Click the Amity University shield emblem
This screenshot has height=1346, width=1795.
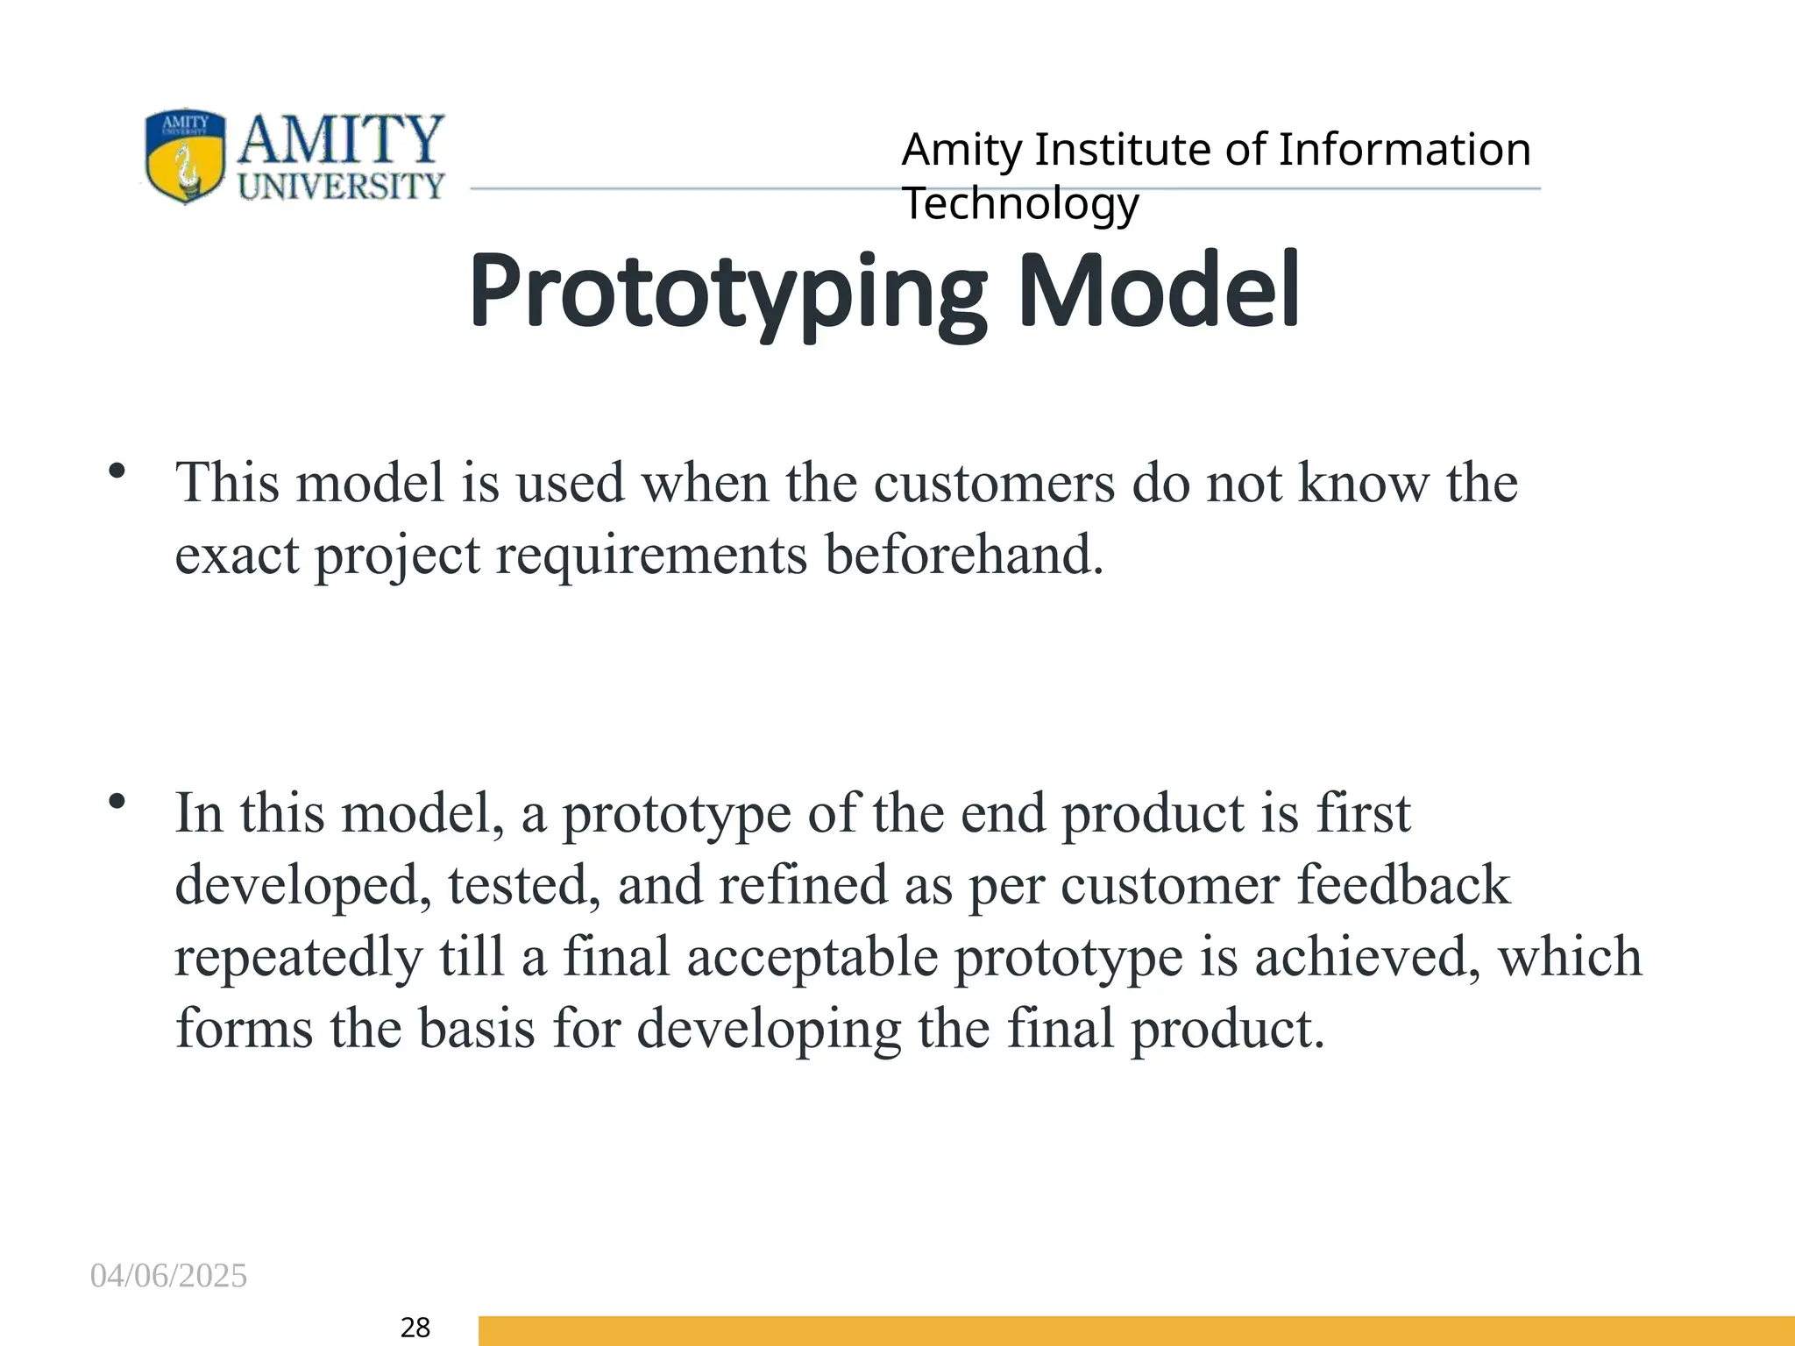pos(184,156)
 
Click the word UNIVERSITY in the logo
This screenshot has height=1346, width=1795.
pos(342,186)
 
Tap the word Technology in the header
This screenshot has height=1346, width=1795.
pos(1020,204)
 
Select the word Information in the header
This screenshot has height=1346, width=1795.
pos(1404,150)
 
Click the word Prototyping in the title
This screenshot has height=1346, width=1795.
pos(727,291)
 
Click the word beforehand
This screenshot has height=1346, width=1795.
pos(964,555)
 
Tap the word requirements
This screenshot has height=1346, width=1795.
pos(651,555)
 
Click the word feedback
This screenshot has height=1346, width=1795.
pos(1403,885)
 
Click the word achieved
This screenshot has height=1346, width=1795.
pos(1367,957)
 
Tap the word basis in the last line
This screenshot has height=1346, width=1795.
pos(476,1029)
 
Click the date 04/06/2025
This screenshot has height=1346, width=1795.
pos(168,1276)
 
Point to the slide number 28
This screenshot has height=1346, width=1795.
pos(415,1328)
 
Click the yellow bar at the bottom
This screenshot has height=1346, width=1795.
pos(1136,1330)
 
